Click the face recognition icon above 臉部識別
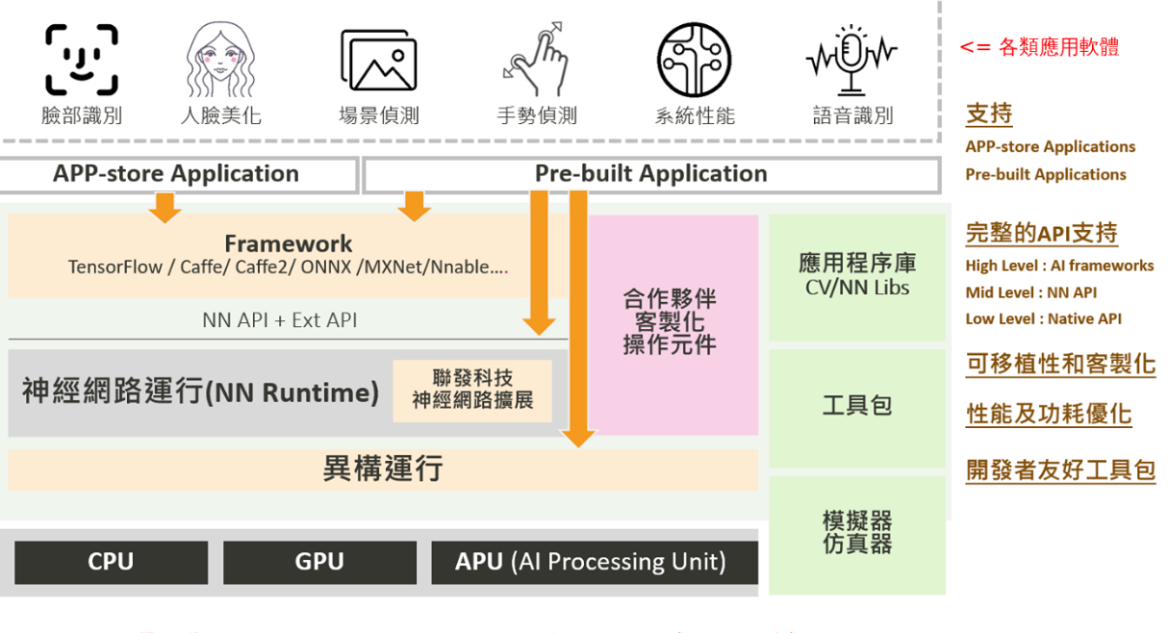pos(82,60)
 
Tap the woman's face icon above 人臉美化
pos(220,60)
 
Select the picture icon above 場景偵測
pos(379,60)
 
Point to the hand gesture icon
pos(536,59)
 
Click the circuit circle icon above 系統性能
pos(694,60)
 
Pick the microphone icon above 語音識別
pos(851,61)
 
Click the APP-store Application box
pos(178,175)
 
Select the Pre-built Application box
pos(651,175)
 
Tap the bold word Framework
pos(289,243)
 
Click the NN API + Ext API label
pos(280,320)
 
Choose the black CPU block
pos(111,562)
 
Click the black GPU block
pos(319,562)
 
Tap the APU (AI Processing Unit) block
pos(595,562)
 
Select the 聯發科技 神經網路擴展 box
pos(472,391)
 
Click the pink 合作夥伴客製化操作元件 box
pos(673,325)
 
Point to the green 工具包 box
pos(857,408)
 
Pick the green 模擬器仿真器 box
pos(857,535)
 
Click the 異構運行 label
pos(383,468)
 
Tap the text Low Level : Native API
pos(1043,318)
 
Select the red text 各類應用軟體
pos(1059,47)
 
